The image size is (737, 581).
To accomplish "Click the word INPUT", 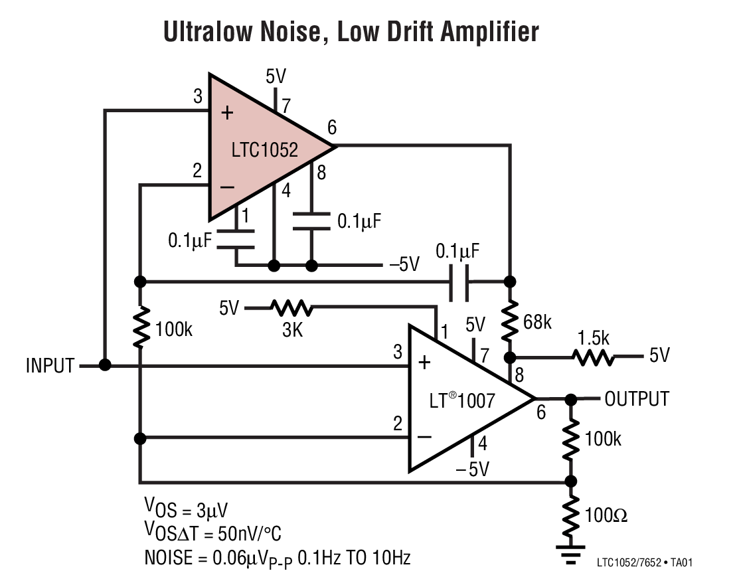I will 50,366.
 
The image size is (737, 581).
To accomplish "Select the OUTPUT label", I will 637,399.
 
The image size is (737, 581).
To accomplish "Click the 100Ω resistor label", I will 606,515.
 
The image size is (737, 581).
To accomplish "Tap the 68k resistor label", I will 537,323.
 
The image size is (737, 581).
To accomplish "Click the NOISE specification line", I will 277,558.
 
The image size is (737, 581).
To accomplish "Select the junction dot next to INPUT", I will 104,365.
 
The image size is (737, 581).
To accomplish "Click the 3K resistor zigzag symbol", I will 291,308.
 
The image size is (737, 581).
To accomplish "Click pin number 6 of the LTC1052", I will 332,127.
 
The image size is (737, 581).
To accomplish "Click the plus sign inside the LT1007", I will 424,363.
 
